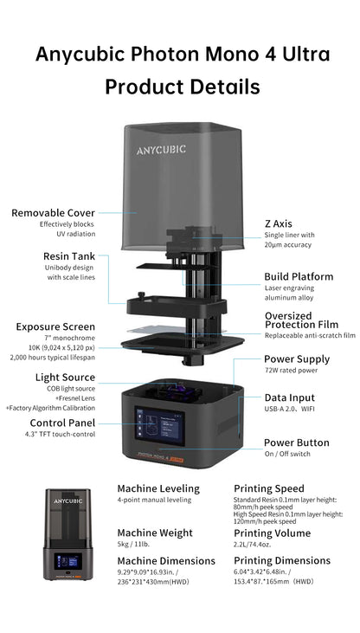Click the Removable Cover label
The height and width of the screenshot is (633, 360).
coord(53,212)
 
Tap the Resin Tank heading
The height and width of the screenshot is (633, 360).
coord(69,256)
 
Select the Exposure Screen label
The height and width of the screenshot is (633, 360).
coord(55,326)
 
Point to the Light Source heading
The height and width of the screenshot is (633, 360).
coord(65,378)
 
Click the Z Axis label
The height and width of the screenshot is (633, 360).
coord(280,223)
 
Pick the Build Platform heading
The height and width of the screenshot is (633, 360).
coord(299,276)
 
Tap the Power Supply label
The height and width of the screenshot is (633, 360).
coord(297,359)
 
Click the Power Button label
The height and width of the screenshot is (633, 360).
coord(297,442)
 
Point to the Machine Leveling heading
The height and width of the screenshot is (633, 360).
coord(158,488)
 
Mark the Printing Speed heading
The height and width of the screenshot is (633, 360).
coord(270,488)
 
